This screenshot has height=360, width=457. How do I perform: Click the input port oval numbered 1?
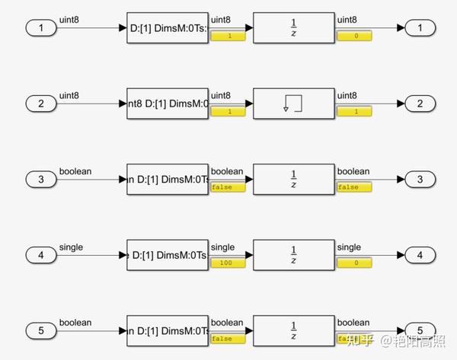(x=40, y=28)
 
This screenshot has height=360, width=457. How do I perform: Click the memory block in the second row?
(x=293, y=104)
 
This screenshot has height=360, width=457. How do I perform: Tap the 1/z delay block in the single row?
(x=293, y=255)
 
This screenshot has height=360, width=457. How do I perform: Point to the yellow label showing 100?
(x=228, y=263)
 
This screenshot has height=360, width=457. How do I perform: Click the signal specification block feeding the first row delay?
(x=167, y=28)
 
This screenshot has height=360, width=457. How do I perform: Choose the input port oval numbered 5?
(x=40, y=330)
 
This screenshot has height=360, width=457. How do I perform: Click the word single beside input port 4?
(x=71, y=247)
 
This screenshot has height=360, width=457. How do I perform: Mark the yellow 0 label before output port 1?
(x=354, y=36)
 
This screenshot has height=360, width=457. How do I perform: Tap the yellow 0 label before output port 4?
(x=354, y=263)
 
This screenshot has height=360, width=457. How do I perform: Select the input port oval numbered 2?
(x=40, y=104)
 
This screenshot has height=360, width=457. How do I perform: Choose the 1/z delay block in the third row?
(x=293, y=180)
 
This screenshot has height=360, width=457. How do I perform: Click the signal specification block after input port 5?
(x=167, y=330)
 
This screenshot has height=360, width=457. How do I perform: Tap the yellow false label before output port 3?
(x=354, y=187)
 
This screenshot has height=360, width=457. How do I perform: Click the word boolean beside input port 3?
(x=75, y=171)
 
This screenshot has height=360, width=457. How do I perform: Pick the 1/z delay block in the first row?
(x=293, y=28)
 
